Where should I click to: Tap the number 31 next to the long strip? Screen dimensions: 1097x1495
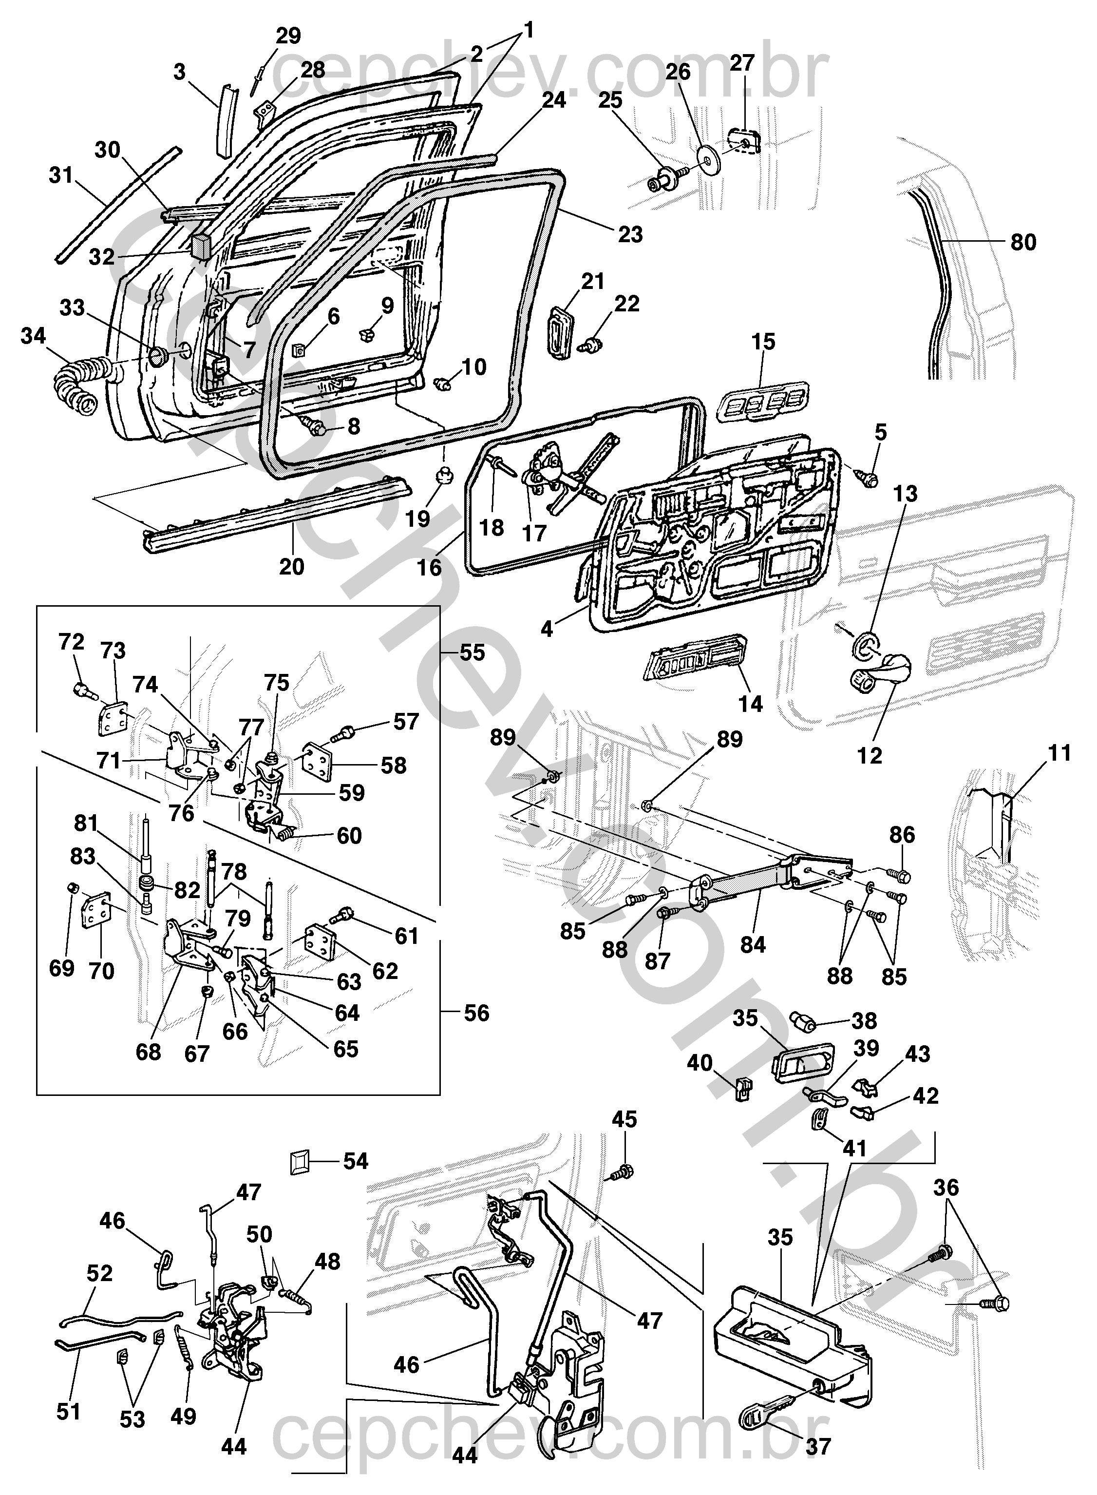click(62, 176)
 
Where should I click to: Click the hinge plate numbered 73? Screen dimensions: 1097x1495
click(111, 718)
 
